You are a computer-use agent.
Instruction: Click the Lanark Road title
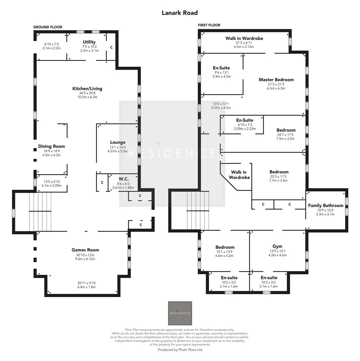click(179, 13)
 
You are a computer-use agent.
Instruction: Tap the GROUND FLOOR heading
click(47, 27)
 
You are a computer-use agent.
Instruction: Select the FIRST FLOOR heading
click(209, 25)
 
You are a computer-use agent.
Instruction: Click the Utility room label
click(89, 42)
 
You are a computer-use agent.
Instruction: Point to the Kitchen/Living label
click(87, 89)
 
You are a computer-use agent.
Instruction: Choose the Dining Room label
click(51, 146)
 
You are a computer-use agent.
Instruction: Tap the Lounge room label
click(118, 142)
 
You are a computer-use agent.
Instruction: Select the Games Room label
click(85, 250)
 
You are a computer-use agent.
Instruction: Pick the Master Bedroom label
click(276, 80)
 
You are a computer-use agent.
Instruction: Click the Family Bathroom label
click(325, 206)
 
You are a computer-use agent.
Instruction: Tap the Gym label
click(277, 246)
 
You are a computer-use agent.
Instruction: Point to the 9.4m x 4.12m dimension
click(85, 259)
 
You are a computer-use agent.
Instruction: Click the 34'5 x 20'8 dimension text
click(87, 93)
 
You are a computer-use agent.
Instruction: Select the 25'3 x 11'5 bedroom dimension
click(278, 176)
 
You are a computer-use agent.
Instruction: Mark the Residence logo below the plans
click(180, 313)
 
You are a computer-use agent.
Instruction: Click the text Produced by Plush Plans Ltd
click(180, 350)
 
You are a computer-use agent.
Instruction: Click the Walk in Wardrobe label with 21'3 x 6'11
click(244, 38)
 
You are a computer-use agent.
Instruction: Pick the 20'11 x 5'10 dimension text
click(86, 283)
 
